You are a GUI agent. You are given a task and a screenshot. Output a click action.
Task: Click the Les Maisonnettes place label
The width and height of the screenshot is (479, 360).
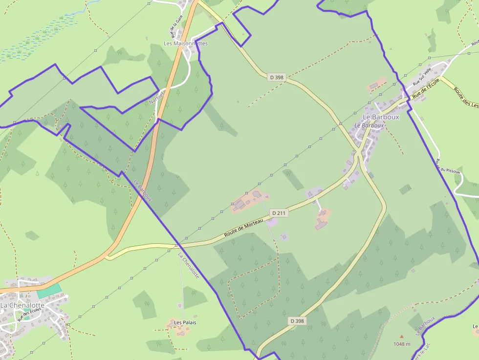click(x=185, y=43)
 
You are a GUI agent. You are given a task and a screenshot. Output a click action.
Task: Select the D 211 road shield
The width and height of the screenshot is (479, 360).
click(x=279, y=213)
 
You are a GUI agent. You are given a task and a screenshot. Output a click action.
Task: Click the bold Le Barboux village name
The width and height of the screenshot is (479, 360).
click(x=381, y=117)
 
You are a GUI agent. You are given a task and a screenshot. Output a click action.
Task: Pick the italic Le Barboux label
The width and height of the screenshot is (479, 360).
click(x=369, y=126)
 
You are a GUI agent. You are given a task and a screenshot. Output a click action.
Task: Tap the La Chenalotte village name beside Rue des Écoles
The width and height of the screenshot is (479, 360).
click(x=22, y=305)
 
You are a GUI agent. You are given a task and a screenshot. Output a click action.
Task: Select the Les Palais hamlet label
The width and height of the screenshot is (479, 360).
click(x=185, y=322)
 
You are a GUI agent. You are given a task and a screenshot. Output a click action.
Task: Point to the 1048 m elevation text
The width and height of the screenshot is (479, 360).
click(x=402, y=344)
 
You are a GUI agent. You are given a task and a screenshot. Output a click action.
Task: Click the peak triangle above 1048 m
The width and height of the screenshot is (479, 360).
click(x=402, y=337)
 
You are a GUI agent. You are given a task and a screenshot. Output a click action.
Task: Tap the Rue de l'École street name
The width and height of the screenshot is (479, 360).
click(x=426, y=90)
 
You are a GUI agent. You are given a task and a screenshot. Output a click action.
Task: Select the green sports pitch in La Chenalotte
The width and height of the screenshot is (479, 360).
click(x=49, y=290)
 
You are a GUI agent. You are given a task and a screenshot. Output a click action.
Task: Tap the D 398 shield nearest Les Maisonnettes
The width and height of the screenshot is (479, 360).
click(x=276, y=77)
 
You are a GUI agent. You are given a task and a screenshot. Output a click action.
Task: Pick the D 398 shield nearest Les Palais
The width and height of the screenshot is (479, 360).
click(x=297, y=321)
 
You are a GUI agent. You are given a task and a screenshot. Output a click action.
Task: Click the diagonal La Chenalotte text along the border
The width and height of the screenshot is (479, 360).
click(x=189, y=266)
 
